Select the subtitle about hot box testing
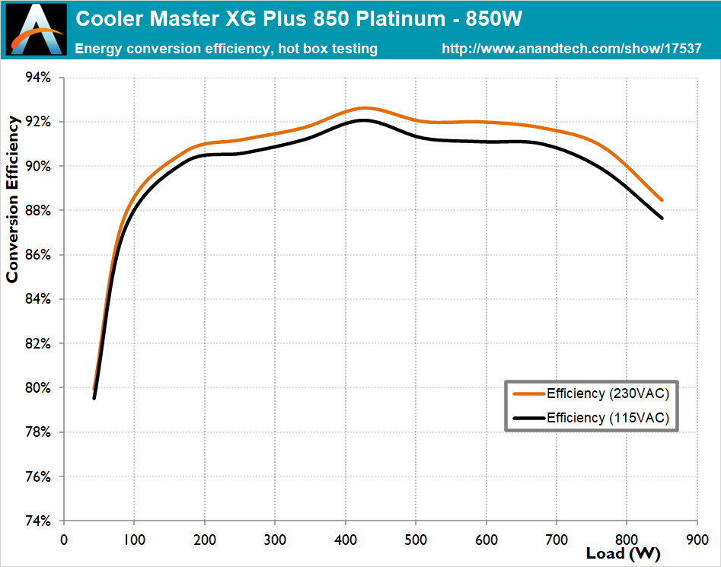226,49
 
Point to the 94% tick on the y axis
38,78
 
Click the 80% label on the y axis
38,388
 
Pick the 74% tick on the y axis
38,521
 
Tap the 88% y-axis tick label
38,211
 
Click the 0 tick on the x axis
64,539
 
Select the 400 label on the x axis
346,539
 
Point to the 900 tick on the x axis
697,539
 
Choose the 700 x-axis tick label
557,539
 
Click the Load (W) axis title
623,553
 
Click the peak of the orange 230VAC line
364,108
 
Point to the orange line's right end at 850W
662,200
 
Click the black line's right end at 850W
662,218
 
